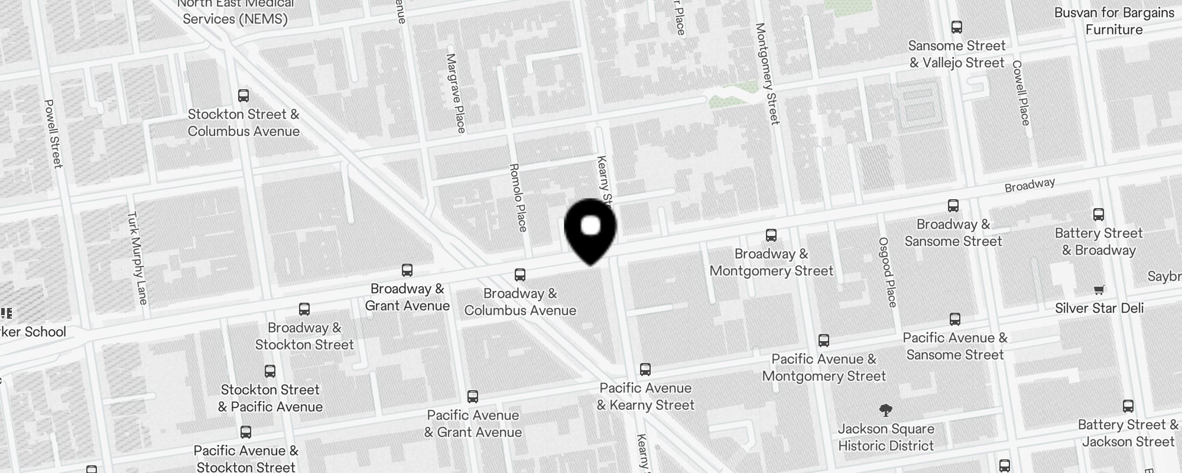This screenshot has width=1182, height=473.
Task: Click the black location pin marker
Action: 590,229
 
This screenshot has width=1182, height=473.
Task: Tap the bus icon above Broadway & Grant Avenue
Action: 407,270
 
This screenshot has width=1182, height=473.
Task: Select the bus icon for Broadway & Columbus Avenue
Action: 520,275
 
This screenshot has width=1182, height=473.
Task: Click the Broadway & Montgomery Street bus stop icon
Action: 771,235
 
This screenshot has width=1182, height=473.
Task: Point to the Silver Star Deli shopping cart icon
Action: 1099,290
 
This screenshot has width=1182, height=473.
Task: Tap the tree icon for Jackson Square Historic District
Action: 885,410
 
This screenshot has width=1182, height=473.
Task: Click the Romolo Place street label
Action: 518,197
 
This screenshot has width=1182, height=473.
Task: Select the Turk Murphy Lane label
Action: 137,258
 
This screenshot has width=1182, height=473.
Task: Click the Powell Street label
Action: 53,133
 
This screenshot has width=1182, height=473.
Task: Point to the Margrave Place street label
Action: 456,93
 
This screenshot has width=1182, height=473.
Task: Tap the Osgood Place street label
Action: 888,272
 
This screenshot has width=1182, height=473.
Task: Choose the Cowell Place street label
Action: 1021,93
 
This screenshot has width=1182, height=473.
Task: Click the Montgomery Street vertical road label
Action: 767,73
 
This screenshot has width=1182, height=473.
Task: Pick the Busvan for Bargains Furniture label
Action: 1114,21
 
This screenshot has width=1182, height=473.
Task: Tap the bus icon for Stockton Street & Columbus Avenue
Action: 243,96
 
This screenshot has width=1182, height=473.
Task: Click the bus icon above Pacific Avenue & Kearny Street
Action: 645,370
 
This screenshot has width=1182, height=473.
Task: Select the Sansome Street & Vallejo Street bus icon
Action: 957,27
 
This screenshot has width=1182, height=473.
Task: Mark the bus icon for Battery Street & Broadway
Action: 1099,215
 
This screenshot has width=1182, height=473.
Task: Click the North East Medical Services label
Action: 235,12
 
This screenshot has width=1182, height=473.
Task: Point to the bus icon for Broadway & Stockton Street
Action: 304,309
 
